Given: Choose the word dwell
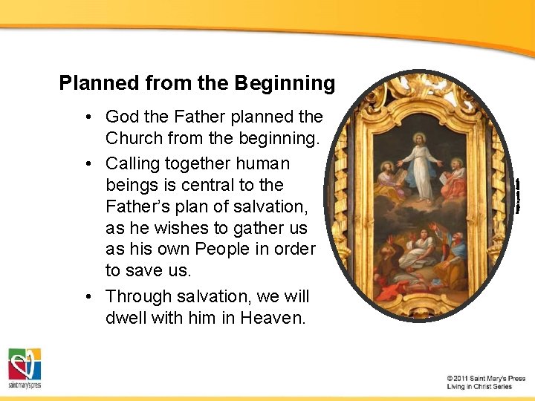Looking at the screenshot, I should pos(129,318).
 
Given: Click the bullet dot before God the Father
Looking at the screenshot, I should pos(88,117).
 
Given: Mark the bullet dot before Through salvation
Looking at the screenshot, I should pos(88,297).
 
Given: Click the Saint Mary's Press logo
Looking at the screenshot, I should pos(25,368).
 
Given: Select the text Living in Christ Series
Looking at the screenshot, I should pos(479,387).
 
